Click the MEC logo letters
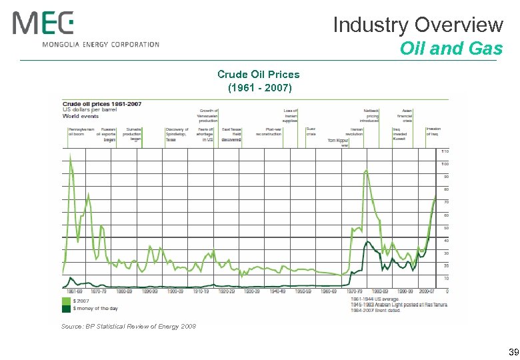coord(43,25)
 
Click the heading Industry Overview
coord(418,25)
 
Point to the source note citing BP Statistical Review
coord(129,326)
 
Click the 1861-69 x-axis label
coord(75,291)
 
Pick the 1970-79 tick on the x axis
coord(356,291)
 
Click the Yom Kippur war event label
coord(339,142)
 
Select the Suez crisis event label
coord(311,131)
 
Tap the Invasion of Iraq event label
coord(433,131)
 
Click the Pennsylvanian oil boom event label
coord(80,131)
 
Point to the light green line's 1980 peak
coord(366,171)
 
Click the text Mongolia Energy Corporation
coord(101,45)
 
